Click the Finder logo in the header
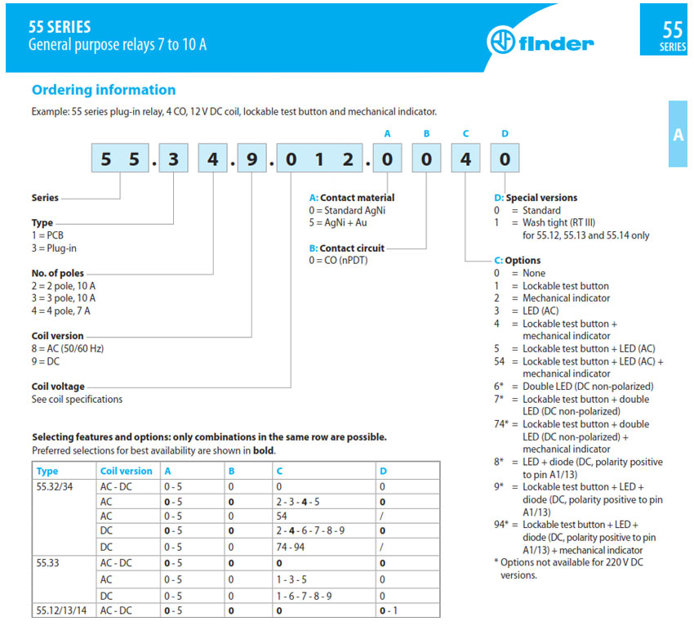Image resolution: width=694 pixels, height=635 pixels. pyautogui.click(x=540, y=40)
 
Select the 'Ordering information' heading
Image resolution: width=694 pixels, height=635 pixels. pyautogui.click(x=103, y=90)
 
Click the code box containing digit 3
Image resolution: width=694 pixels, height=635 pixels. pyautogui.click(x=173, y=159)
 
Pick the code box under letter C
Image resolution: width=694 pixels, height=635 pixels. pyautogui.click(x=465, y=159)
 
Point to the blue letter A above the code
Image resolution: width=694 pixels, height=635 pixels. pyautogui.click(x=387, y=133)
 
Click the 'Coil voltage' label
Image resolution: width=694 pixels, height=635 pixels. pyautogui.click(x=58, y=387)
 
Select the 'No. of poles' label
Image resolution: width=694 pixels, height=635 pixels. pyautogui.click(x=57, y=273)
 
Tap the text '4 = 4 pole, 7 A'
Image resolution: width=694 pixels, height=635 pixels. pyautogui.click(x=61, y=311)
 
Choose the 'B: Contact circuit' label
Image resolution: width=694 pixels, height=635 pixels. pyautogui.click(x=346, y=248)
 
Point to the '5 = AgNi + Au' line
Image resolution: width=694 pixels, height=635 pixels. pyautogui.click(x=335, y=222)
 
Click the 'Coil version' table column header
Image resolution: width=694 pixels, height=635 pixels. pyautogui.click(x=126, y=471)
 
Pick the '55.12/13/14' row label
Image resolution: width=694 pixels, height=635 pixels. pyautogui.click(x=62, y=610)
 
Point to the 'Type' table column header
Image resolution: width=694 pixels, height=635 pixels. pyautogui.click(x=47, y=471)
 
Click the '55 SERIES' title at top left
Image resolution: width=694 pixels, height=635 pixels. pyautogui.click(x=60, y=27)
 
